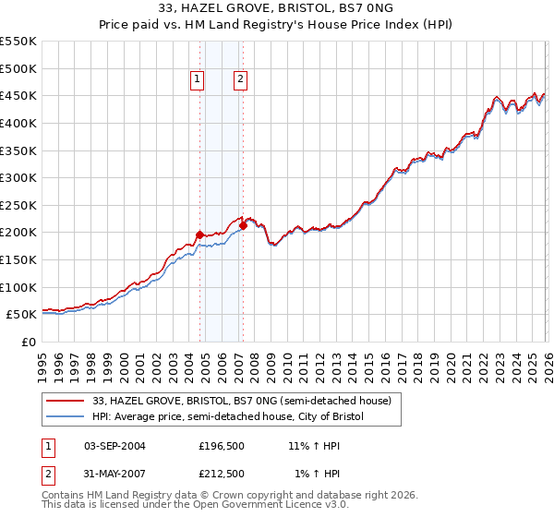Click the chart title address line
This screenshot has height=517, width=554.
277,8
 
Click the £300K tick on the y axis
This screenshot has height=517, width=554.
18,177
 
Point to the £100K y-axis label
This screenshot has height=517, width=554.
18,287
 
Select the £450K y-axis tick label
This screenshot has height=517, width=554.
18,96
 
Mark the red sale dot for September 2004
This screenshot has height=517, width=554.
199,234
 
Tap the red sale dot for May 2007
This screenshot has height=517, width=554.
243,225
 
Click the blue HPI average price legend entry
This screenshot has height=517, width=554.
228,417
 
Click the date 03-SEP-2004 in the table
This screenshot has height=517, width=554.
114,446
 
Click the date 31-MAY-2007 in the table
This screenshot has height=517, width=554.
114,474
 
